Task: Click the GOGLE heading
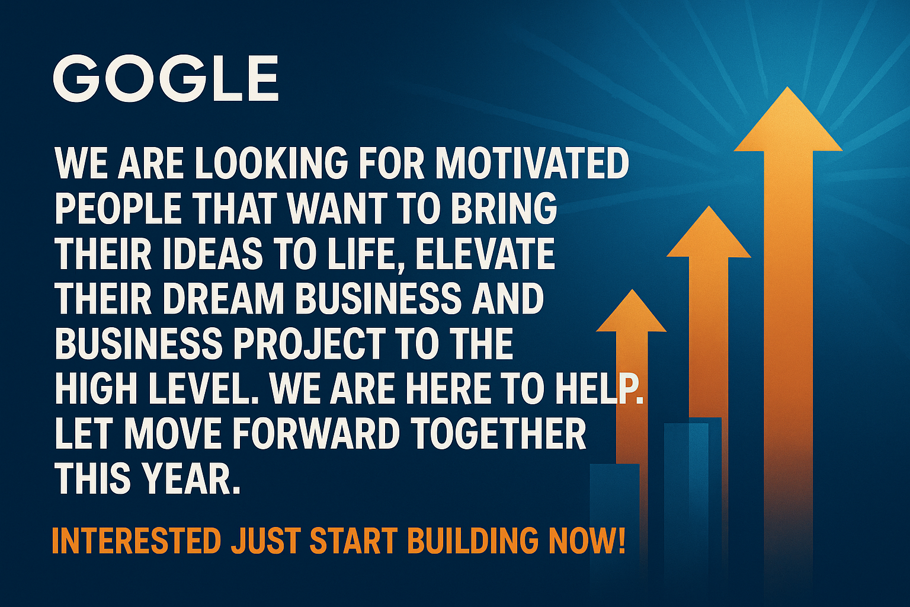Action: tap(166, 78)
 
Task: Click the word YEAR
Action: tap(190, 479)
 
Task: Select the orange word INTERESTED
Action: tap(136, 540)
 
